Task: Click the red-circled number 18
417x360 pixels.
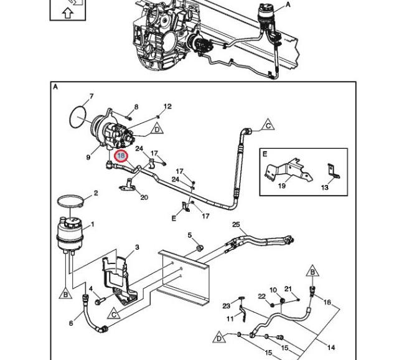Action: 121,156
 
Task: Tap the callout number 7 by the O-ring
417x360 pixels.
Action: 91,97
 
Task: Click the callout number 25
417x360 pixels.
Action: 236,224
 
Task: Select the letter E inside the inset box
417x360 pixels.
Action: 265,154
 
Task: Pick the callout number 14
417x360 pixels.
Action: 331,347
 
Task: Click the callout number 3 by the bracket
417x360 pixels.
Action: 137,247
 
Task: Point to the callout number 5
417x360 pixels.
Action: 190,235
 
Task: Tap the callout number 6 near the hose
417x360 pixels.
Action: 71,323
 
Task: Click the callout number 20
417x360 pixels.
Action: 144,197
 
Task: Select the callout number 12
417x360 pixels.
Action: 167,107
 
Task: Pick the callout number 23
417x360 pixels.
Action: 227,306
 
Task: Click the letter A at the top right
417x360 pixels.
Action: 288,4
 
